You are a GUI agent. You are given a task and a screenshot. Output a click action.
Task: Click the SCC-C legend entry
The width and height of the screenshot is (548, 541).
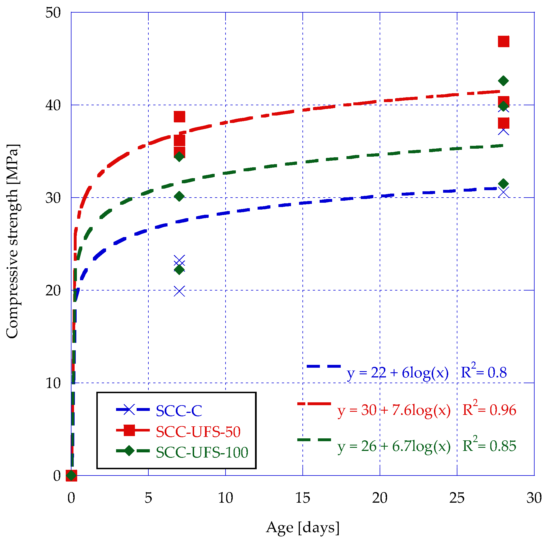click(179, 411)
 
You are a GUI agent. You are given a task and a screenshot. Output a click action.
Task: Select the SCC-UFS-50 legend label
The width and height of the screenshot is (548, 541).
click(198, 431)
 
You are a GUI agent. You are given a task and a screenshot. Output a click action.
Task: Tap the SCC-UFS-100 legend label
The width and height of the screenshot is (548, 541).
click(202, 452)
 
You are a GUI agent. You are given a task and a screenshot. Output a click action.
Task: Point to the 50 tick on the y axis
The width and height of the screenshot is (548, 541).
click(53, 13)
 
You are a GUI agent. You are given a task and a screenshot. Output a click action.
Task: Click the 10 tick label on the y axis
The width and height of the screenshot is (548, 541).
click(53, 383)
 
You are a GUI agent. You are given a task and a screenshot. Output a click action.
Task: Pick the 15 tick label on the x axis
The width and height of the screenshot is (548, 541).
click(302, 498)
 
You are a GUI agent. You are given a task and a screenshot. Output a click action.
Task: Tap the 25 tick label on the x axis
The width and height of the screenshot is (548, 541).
click(457, 498)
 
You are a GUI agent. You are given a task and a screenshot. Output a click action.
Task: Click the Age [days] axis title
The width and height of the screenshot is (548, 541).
click(302, 528)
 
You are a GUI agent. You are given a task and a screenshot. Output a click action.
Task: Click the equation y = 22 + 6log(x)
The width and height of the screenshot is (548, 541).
click(398, 373)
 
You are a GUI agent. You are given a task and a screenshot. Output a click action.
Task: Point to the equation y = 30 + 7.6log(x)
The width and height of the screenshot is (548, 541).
click(394, 410)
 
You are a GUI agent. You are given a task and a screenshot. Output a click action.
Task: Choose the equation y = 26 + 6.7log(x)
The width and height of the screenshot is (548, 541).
click(394, 446)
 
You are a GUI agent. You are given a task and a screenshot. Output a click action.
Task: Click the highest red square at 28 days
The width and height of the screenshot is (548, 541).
click(503, 41)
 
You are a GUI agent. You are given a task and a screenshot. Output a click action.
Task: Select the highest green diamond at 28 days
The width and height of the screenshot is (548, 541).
click(503, 81)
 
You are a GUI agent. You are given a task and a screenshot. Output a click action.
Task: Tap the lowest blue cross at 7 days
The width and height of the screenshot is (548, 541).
click(179, 291)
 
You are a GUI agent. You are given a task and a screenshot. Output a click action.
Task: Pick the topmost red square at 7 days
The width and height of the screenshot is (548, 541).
click(179, 117)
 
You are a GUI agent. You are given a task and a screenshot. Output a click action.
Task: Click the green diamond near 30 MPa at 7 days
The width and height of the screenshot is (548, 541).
click(179, 196)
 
